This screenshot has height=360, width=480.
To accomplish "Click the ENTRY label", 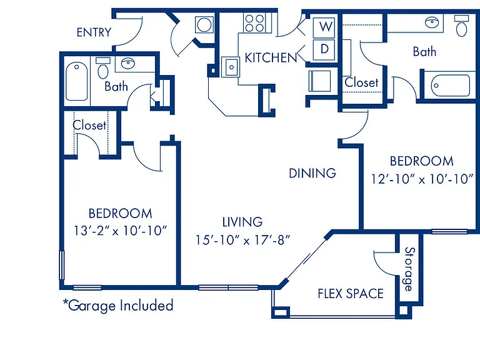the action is [94, 32].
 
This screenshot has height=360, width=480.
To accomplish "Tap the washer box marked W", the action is [324, 27].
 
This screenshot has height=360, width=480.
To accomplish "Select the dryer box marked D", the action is [324, 49].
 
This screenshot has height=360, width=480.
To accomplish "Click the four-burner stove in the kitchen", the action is [255, 23].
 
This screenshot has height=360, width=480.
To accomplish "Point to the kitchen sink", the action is [231, 67].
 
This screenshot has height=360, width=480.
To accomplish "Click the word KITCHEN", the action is [271, 57].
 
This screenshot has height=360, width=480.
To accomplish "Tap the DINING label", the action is [312, 173].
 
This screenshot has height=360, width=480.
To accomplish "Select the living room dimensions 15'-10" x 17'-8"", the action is [242, 240].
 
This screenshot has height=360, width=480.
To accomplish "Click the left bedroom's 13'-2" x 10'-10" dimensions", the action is [120, 231].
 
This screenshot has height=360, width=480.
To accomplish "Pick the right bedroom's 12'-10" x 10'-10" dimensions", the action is [422, 179].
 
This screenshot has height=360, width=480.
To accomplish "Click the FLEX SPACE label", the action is [351, 294].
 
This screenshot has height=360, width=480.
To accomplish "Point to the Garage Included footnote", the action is [118, 306].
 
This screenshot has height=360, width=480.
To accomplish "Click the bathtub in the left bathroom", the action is [76, 81].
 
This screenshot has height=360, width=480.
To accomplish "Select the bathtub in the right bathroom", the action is [450, 86].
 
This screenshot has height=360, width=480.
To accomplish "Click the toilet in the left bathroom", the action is [103, 68].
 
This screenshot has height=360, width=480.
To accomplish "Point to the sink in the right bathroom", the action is [432, 22].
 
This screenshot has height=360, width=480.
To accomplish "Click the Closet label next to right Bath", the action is [361, 82].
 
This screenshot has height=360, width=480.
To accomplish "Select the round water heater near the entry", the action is [204, 25].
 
